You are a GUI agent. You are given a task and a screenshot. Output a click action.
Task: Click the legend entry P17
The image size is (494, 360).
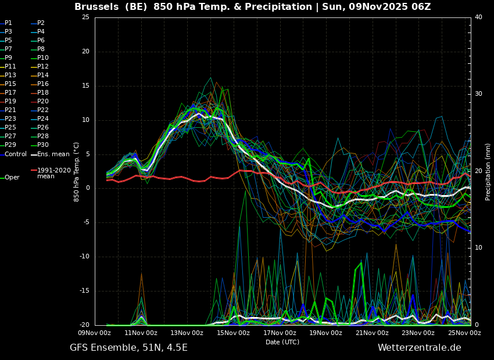click(x=10, y=92)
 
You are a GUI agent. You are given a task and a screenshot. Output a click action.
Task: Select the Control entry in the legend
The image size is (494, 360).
click(x=16, y=154)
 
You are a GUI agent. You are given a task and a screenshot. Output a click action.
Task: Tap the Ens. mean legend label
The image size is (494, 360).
click(x=53, y=154)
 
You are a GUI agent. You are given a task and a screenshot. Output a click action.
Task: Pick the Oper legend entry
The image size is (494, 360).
click(x=13, y=178)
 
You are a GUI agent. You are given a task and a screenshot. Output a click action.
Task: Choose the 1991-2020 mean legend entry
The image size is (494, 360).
click(x=54, y=174)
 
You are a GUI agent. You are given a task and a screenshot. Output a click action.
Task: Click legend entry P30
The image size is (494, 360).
click(x=43, y=145)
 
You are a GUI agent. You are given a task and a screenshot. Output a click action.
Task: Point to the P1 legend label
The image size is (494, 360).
click(x=8, y=23)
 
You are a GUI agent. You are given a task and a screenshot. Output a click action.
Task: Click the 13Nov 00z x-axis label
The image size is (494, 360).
click(x=187, y=333)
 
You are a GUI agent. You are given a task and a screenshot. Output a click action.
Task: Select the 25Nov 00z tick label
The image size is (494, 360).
click(x=465, y=333)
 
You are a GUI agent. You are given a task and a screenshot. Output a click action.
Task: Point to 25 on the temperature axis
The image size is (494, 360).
click(x=85, y=17)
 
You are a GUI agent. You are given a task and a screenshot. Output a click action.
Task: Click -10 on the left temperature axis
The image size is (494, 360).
click(x=84, y=257)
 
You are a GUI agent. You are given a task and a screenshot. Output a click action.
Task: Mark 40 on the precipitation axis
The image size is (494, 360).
click(x=478, y=17)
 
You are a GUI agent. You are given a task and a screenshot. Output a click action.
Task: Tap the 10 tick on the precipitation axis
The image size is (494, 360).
click(x=478, y=248)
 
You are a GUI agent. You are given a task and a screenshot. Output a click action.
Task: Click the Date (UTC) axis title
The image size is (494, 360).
click(x=282, y=342)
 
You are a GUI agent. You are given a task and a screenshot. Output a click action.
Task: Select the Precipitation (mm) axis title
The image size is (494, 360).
click(x=488, y=171)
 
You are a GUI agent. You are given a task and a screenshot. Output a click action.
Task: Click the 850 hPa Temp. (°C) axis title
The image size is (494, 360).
click(x=77, y=172)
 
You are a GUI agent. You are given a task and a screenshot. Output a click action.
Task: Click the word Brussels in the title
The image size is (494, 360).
click(x=96, y=6)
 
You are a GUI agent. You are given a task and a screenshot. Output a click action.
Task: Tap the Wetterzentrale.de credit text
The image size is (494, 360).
click(x=420, y=348)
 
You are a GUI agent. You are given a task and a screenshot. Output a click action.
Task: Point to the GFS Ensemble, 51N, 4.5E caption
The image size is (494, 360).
click(x=128, y=348)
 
